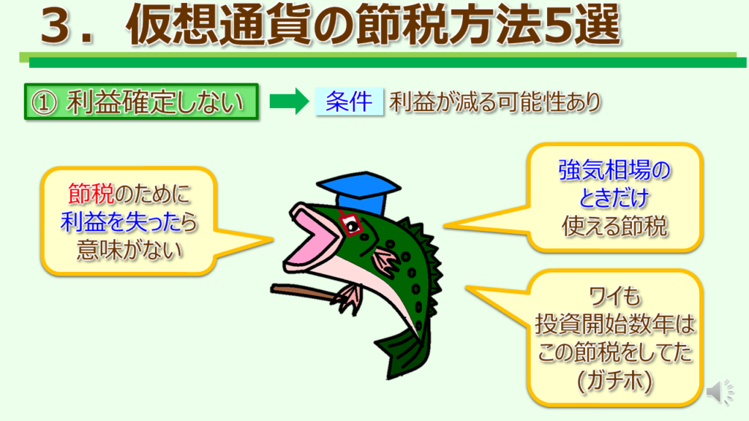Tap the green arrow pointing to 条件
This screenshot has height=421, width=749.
[x=290, y=101]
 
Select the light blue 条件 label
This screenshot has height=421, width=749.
[x=349, y=101]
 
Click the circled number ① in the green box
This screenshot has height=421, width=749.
[x=44, y=102]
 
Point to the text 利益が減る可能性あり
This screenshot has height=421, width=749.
[x=495, y=102]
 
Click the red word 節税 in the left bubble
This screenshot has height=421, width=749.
[x=91, y=193]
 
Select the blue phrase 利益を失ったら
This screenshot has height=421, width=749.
[x=129, y=221]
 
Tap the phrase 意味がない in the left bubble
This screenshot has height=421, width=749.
[x=129, y=250]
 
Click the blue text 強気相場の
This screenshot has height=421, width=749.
[x=614, y=170]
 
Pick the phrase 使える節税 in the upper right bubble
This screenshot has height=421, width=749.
[x=614, y=227]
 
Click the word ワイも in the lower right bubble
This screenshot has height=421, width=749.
[x=614, y=297]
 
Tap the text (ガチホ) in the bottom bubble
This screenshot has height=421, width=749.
[x=614, y=381]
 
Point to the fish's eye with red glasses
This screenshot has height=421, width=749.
[x=351, y=225]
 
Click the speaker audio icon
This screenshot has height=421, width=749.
[x=720, y=392]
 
